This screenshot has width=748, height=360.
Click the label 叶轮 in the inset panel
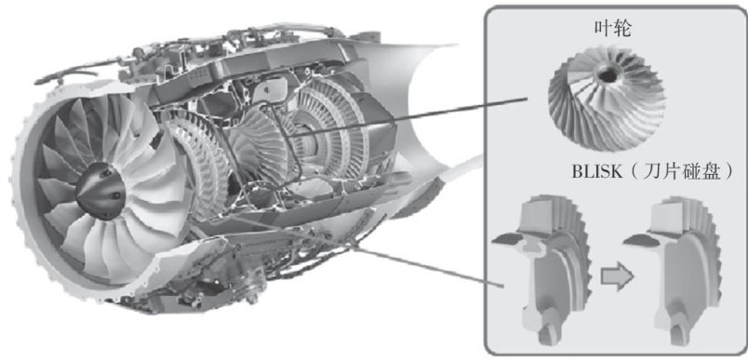pyautogui.click(x=612, y=30)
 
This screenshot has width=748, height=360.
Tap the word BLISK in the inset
pyautogui.click(x=597, y=172)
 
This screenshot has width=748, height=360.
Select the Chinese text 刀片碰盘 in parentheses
pyautogui.click(x=681, y=172)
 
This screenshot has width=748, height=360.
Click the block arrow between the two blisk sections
pyautogui.click(x=616, y=276)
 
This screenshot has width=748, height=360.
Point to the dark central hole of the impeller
pyautogui.click(x=608, y=73)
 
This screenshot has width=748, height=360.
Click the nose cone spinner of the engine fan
pyautogui.click(x=100, y=191)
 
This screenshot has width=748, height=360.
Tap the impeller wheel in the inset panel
pyautogui.click(x=607, y=99)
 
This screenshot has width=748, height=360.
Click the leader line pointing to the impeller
pyautogui.click(x=407, y=118)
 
